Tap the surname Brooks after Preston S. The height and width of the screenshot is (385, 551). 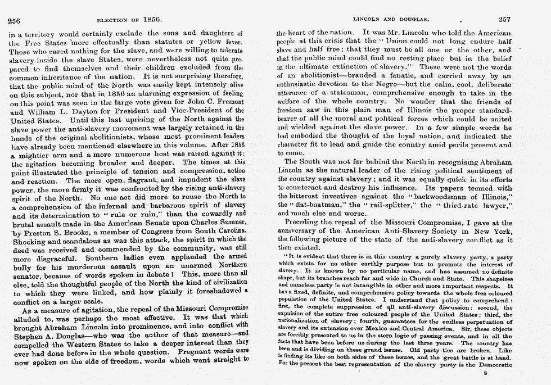(70, 232)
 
